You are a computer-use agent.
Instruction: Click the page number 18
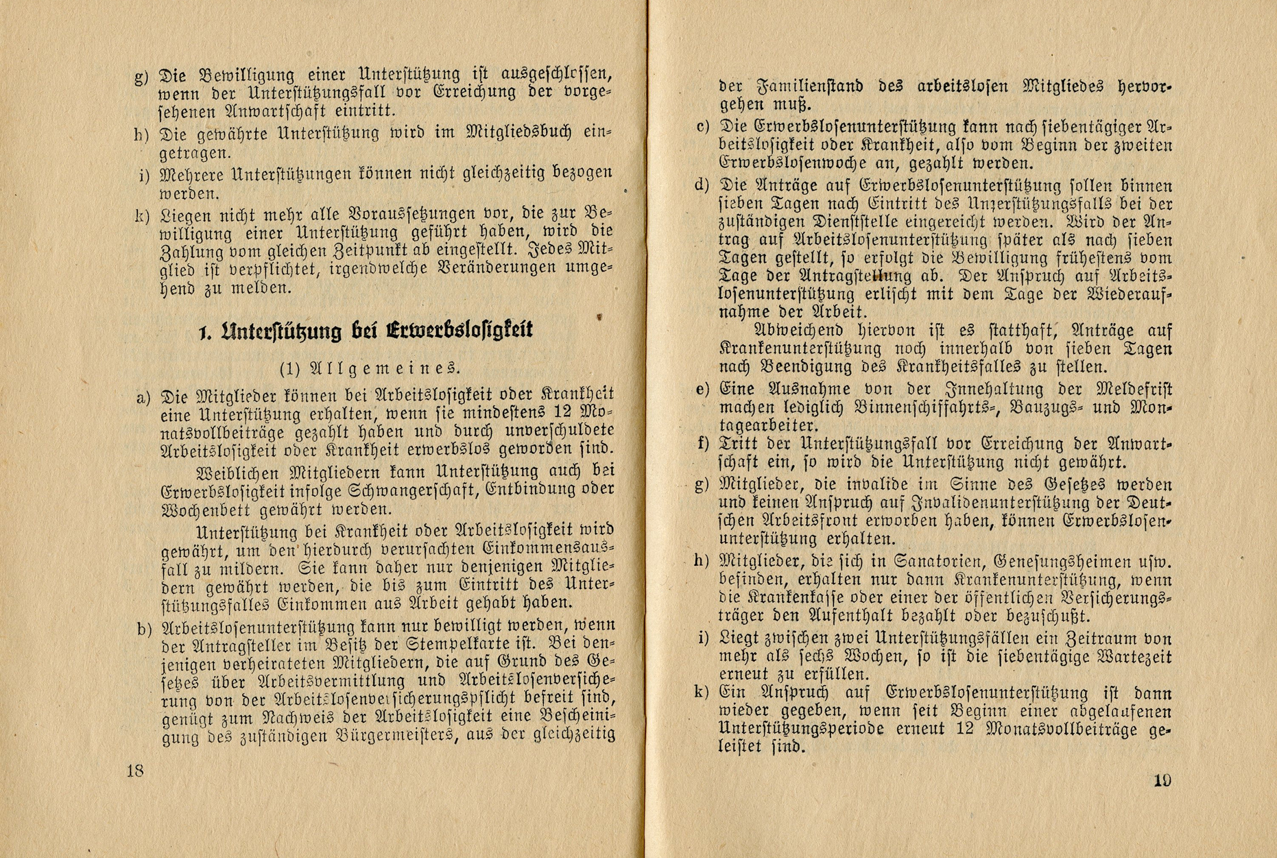coord(135,770)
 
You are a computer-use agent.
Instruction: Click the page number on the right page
coord(1162,780)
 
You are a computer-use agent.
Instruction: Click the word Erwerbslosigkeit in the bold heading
coord(460,330)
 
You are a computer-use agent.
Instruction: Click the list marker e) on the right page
coord(702,390)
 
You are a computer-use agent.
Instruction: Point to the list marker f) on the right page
coord(703,444)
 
